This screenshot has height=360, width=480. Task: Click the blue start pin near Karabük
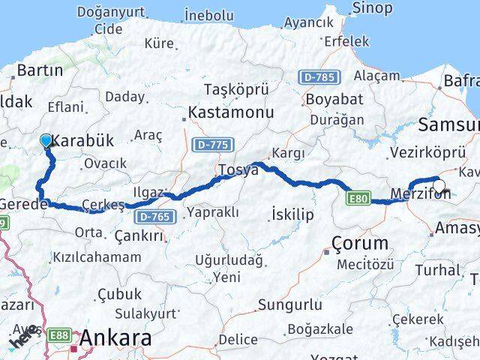click(x=46, y=140)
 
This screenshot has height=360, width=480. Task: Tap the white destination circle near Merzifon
click(x=439, y=187)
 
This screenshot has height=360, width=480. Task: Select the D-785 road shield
click(x=320, y=76)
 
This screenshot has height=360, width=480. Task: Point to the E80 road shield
click(x=358, y=199)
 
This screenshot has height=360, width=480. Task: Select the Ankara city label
click(x=115, y=337)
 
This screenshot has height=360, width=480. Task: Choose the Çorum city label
click(x=361, y=243)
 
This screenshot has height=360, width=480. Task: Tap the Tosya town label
click(x=238, y=170)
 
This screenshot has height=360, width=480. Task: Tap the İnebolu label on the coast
click(x=209, y=15)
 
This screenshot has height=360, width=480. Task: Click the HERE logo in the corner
click(x=22, y=338)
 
